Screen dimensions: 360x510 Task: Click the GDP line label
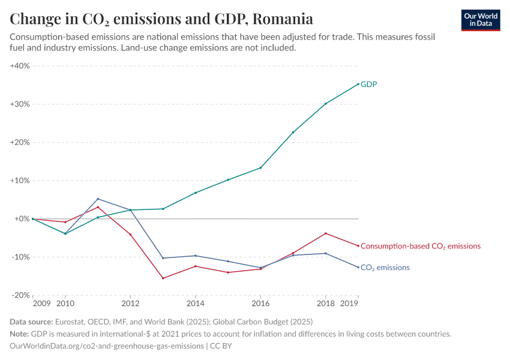tap(368, 85)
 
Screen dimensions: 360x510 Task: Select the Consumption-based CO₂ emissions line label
tap(421, 246)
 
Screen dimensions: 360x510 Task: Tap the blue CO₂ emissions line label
tap(385, 268)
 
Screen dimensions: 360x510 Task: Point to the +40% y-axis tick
tap(20, 66)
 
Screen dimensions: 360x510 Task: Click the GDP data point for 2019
tap(358, 84)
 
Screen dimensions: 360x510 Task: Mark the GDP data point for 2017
tap(293, 133)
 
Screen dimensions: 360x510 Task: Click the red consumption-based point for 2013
tap(163, 278)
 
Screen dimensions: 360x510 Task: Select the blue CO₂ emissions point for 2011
tap(98, 199)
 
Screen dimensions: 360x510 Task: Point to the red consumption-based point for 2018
tap(325, 233)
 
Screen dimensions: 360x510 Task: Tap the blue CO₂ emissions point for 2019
tap(358, 267)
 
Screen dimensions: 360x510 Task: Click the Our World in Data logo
tap(480, 20)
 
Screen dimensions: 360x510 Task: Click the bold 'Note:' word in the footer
tap(20, 334)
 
